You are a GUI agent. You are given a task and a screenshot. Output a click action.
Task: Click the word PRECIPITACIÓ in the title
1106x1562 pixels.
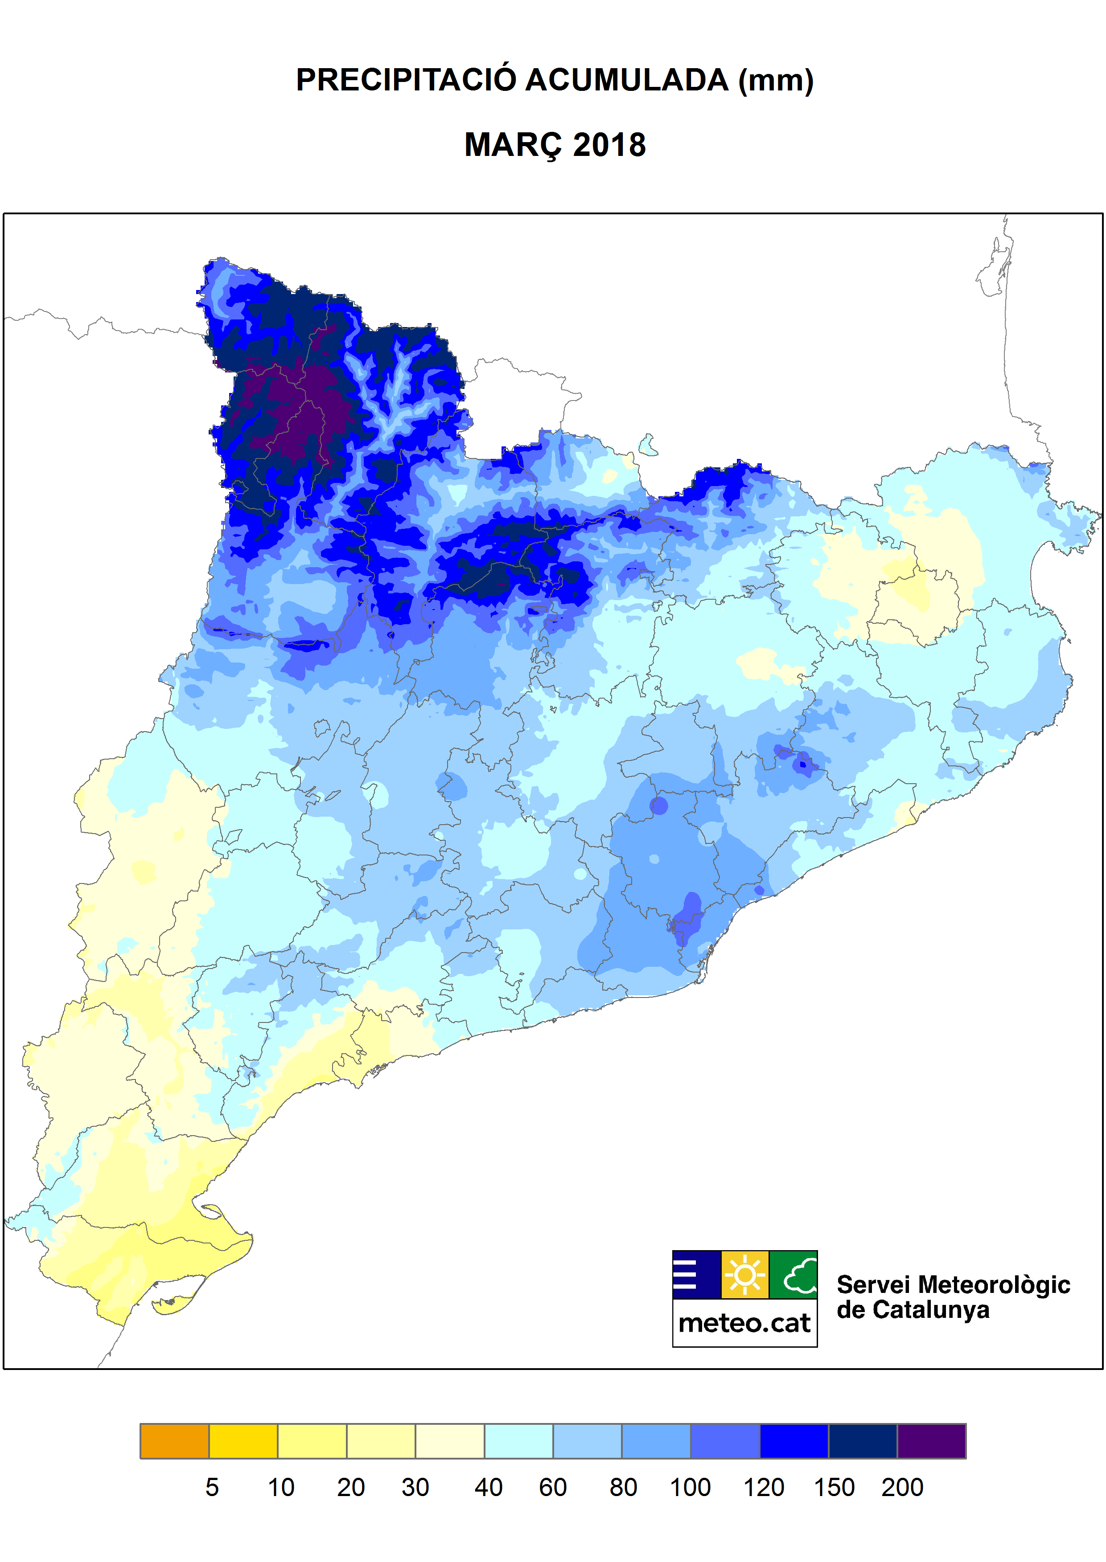(406, 80)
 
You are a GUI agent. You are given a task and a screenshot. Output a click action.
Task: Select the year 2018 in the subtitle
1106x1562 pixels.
(609, 145)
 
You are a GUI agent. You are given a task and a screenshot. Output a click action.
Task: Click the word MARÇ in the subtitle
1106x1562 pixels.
(514, 145)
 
